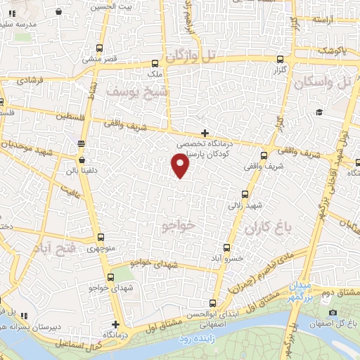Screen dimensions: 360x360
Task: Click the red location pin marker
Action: coord(181,166)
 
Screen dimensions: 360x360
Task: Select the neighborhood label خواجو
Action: coord(177,226)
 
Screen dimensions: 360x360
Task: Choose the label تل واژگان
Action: coord(189,55)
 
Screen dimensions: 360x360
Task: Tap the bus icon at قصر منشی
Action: coord(98,48)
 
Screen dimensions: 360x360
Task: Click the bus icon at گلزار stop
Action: coord(280,60)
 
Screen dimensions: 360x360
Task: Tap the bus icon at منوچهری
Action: coord(101,237)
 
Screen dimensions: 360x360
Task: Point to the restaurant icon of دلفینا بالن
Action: coord(82,143)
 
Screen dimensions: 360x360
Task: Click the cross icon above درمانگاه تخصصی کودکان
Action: coord(205,133)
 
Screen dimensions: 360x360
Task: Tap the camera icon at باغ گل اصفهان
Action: coord(333,313)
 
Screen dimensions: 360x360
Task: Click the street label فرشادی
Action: coord(29,82)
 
